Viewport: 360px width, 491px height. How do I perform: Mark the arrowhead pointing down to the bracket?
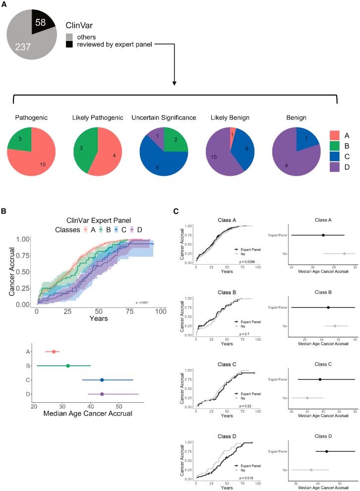tap(174, 82)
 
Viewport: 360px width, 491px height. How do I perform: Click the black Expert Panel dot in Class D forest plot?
tap(326, 451)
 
